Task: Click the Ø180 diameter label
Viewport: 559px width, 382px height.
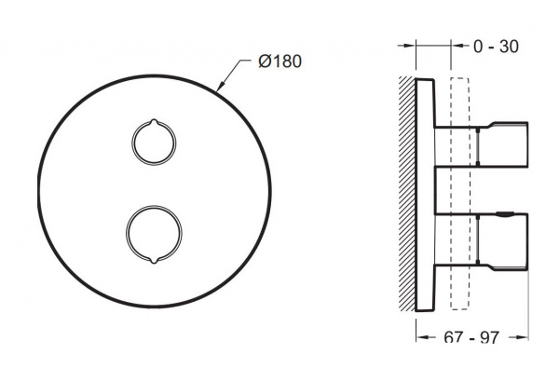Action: pos(279,61)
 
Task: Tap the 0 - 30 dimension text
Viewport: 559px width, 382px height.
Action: pos(496,47)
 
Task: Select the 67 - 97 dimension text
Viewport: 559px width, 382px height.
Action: pos(471,337)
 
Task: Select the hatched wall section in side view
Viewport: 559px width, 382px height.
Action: pos(407,194)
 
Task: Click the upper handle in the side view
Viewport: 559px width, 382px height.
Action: pos(502,144)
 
